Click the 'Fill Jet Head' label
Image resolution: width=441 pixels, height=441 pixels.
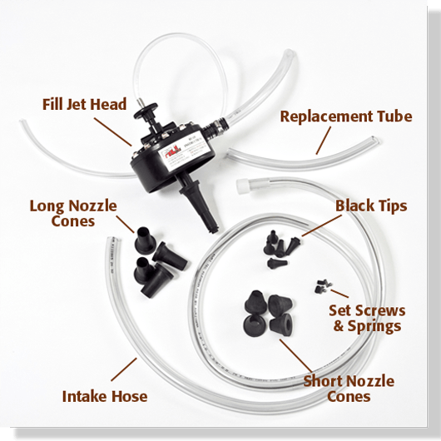pos(84,105)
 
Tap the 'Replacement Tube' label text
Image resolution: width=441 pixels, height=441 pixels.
pos(345,116)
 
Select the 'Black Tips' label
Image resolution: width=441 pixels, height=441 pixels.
pos(370,205)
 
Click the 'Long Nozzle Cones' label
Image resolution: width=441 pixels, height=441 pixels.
pos(73,213)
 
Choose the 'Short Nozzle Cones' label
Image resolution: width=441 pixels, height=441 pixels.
pos(348,389)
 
